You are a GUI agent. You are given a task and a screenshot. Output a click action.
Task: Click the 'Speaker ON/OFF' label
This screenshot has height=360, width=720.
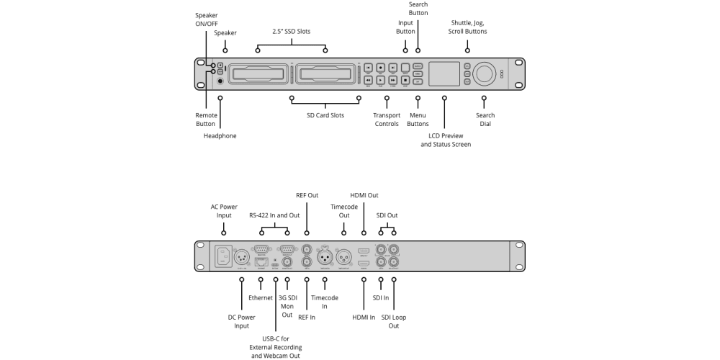click(206, 19)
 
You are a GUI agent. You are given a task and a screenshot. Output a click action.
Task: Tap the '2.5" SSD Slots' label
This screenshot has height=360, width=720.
click(292, 32)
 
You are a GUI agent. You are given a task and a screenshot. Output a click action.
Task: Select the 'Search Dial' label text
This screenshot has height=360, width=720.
click(485, 120)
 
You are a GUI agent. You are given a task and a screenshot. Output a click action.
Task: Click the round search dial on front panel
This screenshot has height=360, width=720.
click(484, 74)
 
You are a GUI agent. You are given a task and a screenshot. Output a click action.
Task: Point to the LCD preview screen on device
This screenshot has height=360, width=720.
click(444, 74)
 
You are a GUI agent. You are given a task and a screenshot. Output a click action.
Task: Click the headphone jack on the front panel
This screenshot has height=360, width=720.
click(220, 81)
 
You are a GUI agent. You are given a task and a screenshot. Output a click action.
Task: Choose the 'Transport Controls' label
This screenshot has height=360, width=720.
click(387, 120)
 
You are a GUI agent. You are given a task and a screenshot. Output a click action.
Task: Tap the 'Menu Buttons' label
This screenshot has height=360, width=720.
click(418, 120)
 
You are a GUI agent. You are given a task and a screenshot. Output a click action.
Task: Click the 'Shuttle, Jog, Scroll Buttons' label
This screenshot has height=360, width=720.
click(469, 27)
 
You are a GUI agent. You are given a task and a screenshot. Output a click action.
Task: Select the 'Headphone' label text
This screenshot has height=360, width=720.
click(220, 135)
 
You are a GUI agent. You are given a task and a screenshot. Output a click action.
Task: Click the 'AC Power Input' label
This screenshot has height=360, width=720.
click(224, 211)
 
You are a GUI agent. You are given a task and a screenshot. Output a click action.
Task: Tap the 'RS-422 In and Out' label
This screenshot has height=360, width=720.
click(274, 215)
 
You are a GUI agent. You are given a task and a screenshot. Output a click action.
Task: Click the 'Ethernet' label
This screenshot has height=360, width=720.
click(261, 297)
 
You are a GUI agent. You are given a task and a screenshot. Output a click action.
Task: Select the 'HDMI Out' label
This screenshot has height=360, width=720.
click(364, 195)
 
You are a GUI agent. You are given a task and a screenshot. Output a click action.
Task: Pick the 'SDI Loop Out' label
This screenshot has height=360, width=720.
click(394, 321)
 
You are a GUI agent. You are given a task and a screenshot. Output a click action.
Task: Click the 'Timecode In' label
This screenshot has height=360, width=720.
click(324, 302)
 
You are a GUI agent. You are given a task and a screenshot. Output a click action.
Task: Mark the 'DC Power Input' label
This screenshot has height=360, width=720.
click(241, 321)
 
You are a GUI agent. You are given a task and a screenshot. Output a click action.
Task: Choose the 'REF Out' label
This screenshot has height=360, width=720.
click(307, 195)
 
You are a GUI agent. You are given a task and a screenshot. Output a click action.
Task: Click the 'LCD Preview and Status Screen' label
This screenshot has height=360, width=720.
click(446, 140)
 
